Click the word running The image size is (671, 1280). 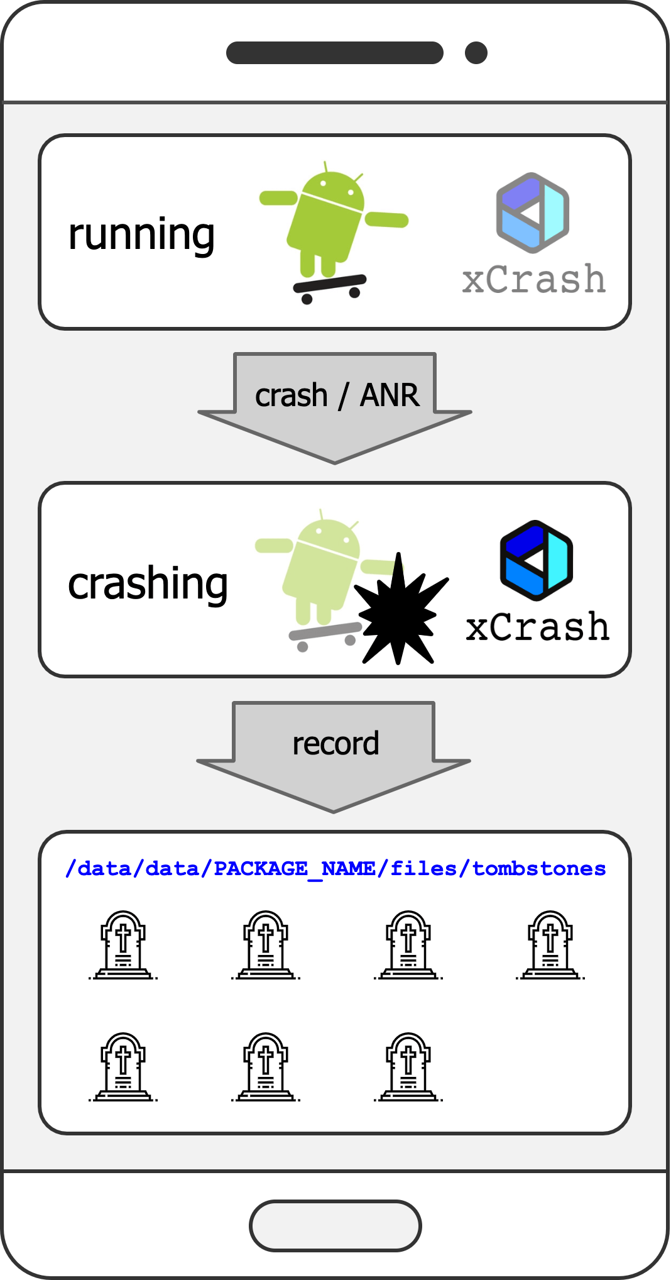[x=141, y=235]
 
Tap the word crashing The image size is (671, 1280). [x=148, y=584]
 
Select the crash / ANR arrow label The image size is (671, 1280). [x=337, y=395]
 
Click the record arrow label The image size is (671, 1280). [x=335, y=744]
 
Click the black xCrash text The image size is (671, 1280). [x=537, y=627]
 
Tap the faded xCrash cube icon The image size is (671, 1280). [x=532, y=212]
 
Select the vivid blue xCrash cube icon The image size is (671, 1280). [x=536, y=560]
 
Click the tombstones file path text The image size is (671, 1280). [x=335, y=869]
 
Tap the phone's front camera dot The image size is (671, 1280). [x=476, y=53]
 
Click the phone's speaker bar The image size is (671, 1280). [x=334, y=53]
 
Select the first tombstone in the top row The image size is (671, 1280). [x=123, y=945]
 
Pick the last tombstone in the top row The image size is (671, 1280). [x=550, y=945]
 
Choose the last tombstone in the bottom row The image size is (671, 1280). [x=408, y=1067]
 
